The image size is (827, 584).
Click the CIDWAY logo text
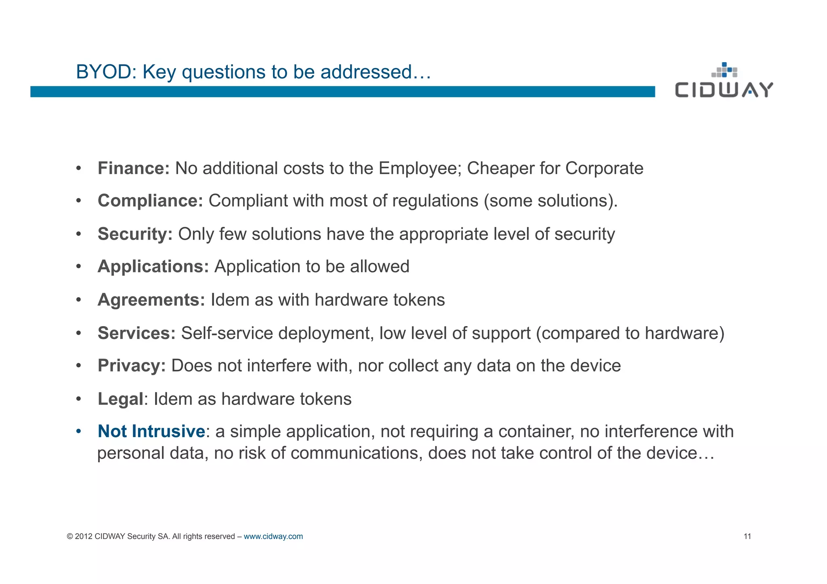724,90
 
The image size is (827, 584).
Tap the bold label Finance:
134,168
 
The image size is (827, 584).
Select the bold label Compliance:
150,201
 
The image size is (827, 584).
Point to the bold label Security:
135,234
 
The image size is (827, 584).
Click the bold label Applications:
153,267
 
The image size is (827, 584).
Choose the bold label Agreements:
151,300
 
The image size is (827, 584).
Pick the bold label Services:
136,333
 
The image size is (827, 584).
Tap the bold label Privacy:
132,366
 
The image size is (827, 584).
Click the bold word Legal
120,399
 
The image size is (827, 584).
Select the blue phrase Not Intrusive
151,431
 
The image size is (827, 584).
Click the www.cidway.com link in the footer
273,536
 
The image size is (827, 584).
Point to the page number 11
747,536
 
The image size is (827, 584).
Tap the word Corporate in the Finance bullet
604,168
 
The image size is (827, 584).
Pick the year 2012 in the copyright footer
84,536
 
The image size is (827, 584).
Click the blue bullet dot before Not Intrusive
79,431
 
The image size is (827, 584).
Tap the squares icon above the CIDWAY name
724,70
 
